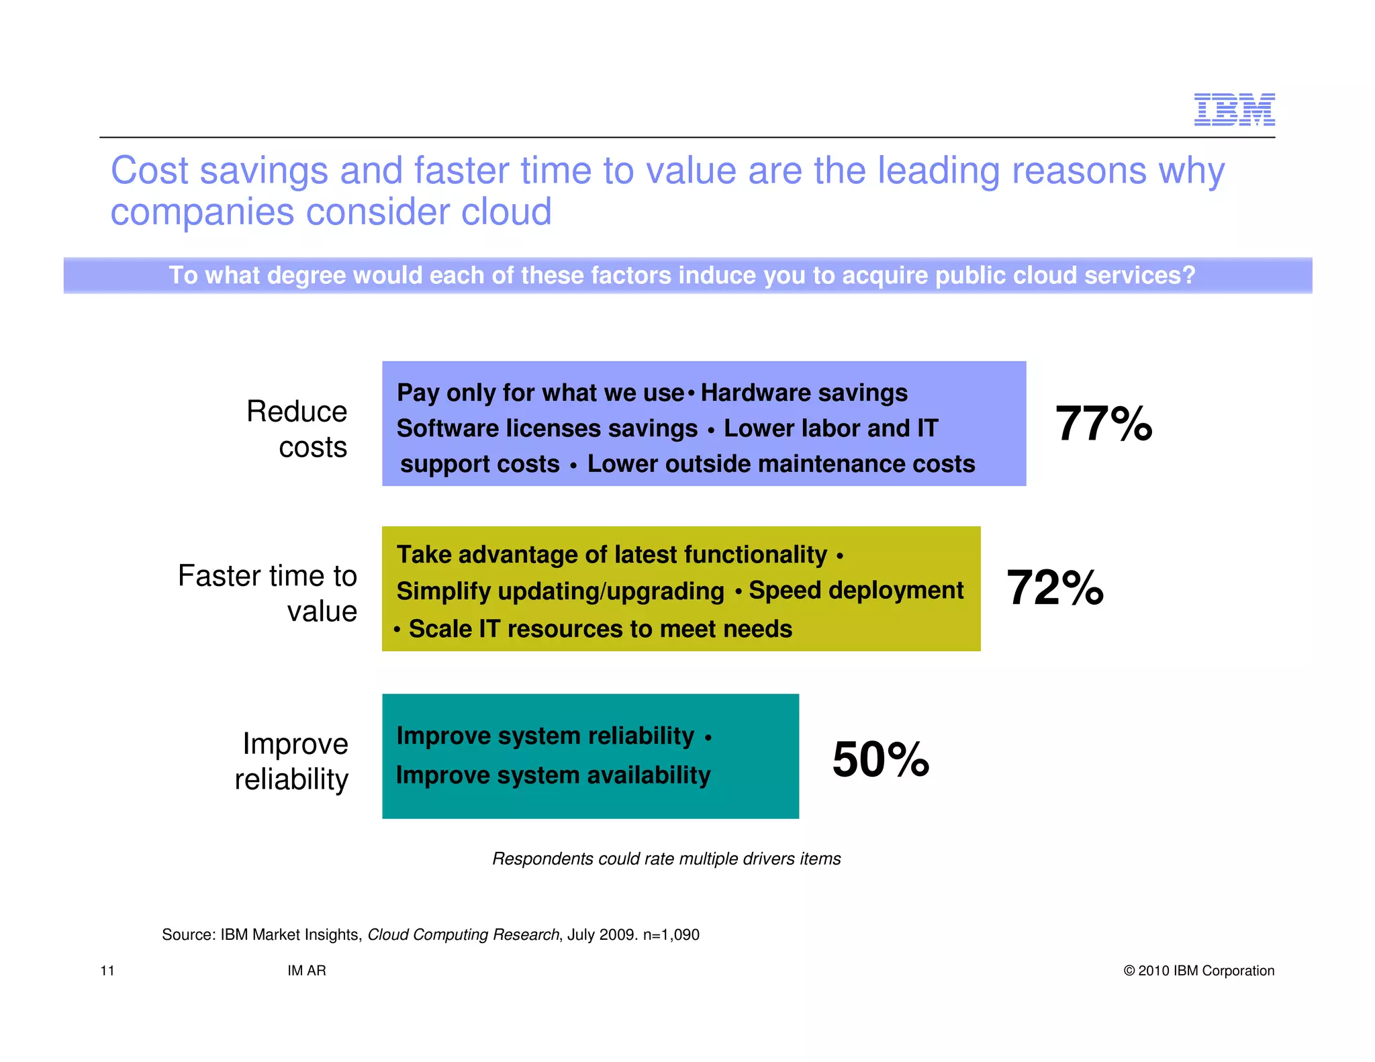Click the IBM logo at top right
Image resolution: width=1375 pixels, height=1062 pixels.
pyautogui.click(x=1234, y=109)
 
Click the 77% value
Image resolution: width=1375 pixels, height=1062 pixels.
pyautogui.click(x=1103, y=424)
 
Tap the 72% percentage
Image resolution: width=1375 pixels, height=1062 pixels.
pyautogui.click(x=1055, y=588)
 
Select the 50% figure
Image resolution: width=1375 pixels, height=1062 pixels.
pyautogui.click(x=880, y=759)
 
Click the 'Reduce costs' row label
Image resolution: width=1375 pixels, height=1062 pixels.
pyautogui.click(x=297, y=429)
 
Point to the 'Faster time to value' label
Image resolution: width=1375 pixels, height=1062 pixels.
pyautogui.click(x=268, y=593)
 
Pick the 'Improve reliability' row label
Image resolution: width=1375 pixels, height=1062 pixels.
pyautogui.click(x=293, y=761)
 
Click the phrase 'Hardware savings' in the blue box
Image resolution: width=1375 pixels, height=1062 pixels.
pyautogui.click(x=804, y=393)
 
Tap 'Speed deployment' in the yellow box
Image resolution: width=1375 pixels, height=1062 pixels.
pyautogui.click(x=856, y=590)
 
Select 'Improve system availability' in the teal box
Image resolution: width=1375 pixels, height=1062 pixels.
pyautogui.click(x=553, y=775)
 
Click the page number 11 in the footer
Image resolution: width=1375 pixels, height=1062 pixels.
pyautogui.click(x=107, y=971)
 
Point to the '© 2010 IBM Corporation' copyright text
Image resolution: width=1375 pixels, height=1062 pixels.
pyautogui.click(x=1198, y=971)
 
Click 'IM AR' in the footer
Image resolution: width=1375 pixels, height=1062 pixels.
pyautogui.click(x=307, y=971)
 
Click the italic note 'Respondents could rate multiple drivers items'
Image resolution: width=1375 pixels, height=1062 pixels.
pyautogui.click(x=666, y=859)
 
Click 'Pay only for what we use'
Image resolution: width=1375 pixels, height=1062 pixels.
pyautogui.click(x=540, y=393)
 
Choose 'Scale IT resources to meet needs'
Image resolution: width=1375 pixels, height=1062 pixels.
pyautogui.click(x=600, y=630)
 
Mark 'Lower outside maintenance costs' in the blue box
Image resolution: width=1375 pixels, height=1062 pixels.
pyautogui.click(x=781, y=465)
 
